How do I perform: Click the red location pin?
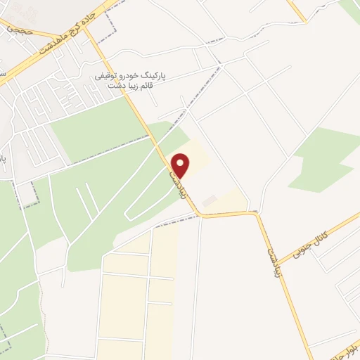pyautogui.click(x=181, y=165)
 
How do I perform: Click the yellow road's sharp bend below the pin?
pyautogui.click(x=200, y=214)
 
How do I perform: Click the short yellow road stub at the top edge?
pyautogui.click(x=298, y=11)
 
